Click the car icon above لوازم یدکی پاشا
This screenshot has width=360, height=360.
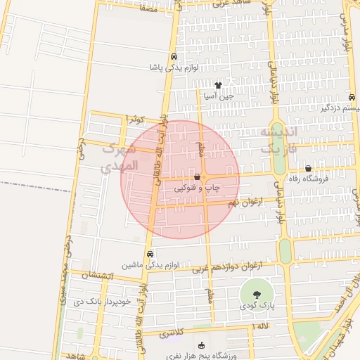[173, 58]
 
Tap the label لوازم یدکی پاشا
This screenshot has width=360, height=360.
[173, 68]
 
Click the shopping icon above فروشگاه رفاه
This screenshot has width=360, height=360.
[308, 168]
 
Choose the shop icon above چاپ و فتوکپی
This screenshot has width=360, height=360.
[197, 176]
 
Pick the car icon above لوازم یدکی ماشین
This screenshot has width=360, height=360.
[149, 254]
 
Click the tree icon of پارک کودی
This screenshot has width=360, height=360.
[255, 294]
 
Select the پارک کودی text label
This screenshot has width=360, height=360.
[255, 305]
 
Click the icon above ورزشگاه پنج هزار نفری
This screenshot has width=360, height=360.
[202, 345]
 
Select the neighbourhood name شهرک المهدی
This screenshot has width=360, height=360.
[116, 159]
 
